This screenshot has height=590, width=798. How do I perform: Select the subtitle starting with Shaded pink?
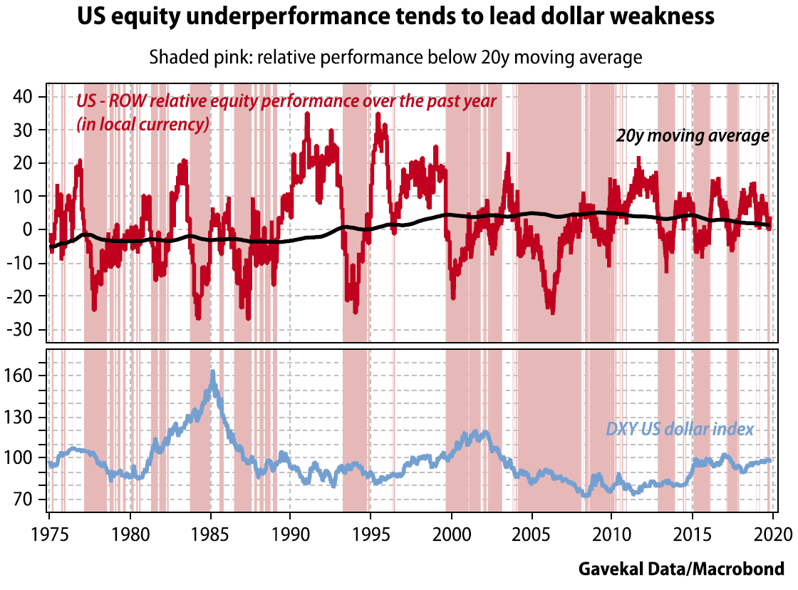[x=395, y=57]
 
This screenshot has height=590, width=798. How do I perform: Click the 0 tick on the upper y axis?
[x=38, y=229]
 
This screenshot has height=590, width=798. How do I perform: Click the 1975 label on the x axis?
[x=50, y=535]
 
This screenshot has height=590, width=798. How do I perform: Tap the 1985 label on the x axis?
[x=210, y=535]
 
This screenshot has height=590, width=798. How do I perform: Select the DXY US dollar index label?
[x=679, y=429]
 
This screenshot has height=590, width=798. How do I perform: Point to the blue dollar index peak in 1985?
[x=212, y=372]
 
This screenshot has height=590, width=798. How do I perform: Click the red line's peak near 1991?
[x=307, y=114]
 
